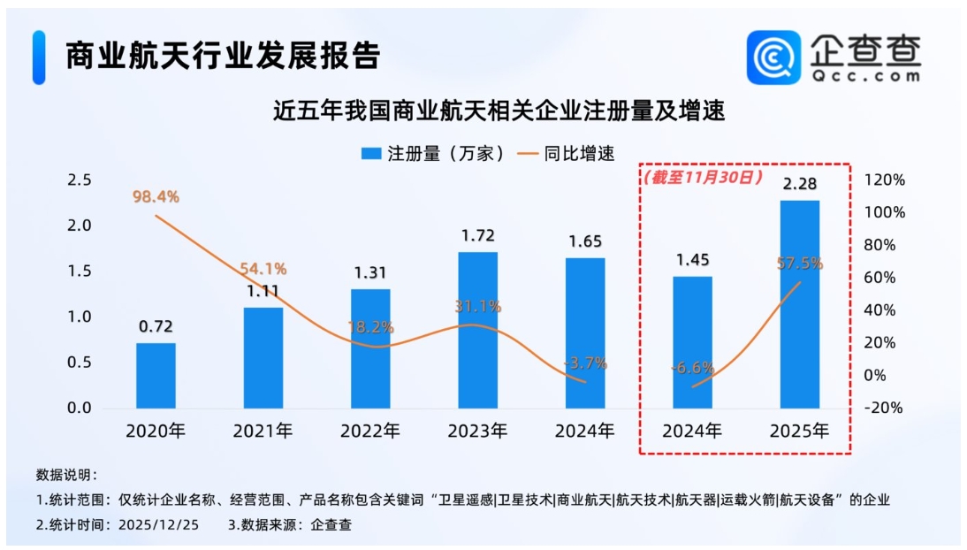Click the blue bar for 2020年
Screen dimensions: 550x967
(x=156, y=375)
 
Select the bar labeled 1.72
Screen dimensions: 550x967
(x=477, y=330)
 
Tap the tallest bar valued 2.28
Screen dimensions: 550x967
(x=799, y=304)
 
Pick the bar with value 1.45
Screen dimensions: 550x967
(x=692, y=341)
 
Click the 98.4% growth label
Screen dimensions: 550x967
(x=156, y=197)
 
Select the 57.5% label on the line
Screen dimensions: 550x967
(x=799, y=264)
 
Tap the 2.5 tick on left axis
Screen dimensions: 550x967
(x=80, y=180)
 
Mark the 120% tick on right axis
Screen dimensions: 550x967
(x=885, y=180)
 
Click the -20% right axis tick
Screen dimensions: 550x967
(x=885, y=409)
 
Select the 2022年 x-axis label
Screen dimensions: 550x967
(x=370, y=432)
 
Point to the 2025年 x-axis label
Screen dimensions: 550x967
(x=799, y=432)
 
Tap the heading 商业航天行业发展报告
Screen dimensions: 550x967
(x=223, y=56)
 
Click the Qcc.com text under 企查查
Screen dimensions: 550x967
(x=866, y=76)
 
